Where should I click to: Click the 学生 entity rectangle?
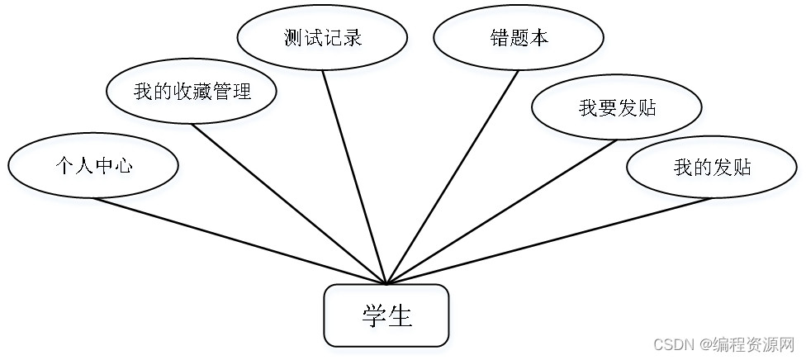tap(386, 315)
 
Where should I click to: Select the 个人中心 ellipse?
tap(93, 166)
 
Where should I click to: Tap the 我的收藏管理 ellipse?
tap(192, 92)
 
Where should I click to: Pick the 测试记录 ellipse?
tap(322, 39)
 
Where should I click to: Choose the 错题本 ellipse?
tap(519, 39)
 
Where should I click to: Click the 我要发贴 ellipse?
tap(617, 107)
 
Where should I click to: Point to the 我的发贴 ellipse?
tap(712, 167)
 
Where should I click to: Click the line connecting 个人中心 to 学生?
tap(239, 241)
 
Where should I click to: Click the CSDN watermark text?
tap(723, 343)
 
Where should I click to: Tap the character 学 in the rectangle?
tap(374, 315)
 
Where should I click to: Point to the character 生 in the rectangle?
tap(400, 315)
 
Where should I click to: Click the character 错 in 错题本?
tap(499, 39)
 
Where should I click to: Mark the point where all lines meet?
tap(386, 284)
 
